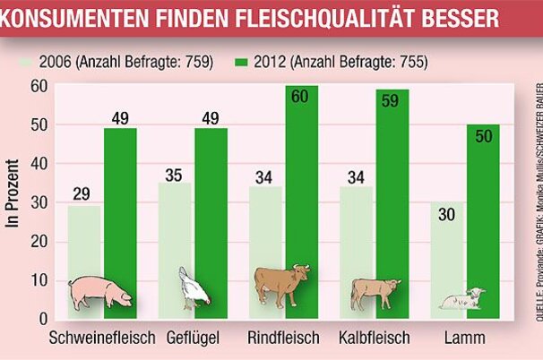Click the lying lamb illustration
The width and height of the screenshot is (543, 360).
coord(464,299)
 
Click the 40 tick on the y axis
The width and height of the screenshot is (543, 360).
coord(37,164)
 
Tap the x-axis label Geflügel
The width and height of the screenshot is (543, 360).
coord(199,339)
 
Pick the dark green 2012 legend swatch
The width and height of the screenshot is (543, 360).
coord(242,63)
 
